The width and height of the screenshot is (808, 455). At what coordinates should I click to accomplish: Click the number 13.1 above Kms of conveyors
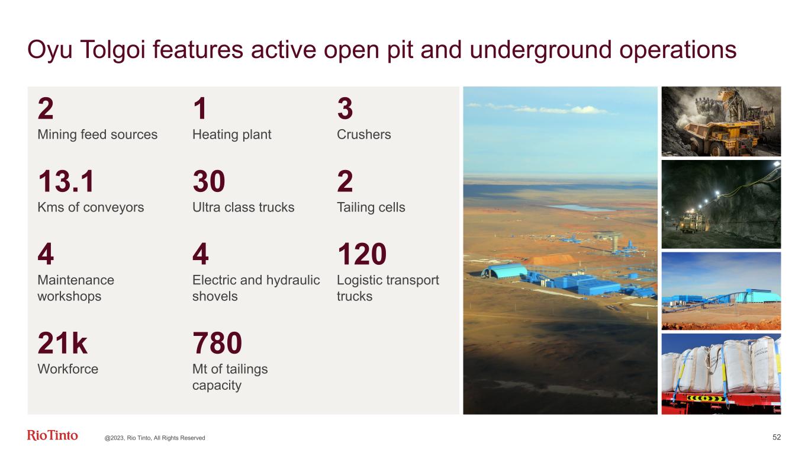pos(66,181)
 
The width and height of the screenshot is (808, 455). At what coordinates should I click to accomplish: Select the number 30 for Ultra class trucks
pos(209,181)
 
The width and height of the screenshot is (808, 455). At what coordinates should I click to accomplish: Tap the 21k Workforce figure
pos(62,342)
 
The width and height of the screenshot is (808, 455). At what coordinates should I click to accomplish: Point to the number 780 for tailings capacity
pos(217,342)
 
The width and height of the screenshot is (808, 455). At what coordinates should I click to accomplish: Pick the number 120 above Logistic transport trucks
pos(362,254)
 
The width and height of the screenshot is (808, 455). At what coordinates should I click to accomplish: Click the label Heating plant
pos(231,134)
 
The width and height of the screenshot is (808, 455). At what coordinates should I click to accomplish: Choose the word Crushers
pos(363,134)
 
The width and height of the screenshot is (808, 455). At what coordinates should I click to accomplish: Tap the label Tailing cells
pos(371,207)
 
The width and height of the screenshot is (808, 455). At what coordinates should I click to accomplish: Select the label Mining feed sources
pos(98,134)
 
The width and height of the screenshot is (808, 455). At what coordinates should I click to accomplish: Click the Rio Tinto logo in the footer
pos(52,435)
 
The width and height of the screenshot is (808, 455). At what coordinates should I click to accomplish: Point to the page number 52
pos(777,437)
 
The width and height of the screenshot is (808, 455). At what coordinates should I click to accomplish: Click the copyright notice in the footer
pos(154,438)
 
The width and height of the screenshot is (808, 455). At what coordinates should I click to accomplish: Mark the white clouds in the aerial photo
pos(541,108)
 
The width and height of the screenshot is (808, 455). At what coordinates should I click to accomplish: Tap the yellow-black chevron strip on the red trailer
pos(705,398)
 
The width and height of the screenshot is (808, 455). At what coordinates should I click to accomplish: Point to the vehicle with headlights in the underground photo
pos(691,221)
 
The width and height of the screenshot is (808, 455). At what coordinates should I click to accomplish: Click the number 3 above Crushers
pos(345,108)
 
